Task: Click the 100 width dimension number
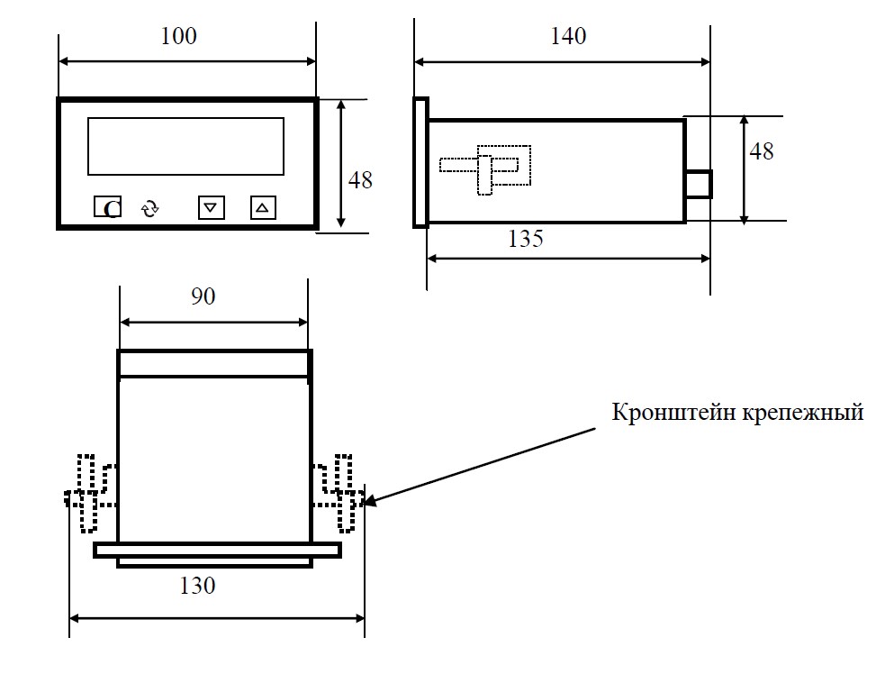point(179,36)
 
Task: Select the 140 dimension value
point(568,36)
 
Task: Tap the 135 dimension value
point(526,239)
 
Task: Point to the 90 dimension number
point(203,296)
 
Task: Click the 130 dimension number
point(197,586)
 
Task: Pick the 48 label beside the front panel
point(360,180)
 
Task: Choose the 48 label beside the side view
point(762,151)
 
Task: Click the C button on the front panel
point(107,206)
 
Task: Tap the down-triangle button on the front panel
point(211,207)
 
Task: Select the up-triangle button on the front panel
point(263,207)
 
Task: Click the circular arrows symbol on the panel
point(150,208)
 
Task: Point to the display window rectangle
point(185,118)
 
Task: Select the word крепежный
point(802,413)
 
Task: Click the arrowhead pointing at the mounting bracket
point(371,500)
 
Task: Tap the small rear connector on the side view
point(699,184)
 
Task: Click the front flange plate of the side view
point(420,163)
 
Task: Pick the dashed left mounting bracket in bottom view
point(90,493)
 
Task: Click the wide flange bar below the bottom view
point(217,551)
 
